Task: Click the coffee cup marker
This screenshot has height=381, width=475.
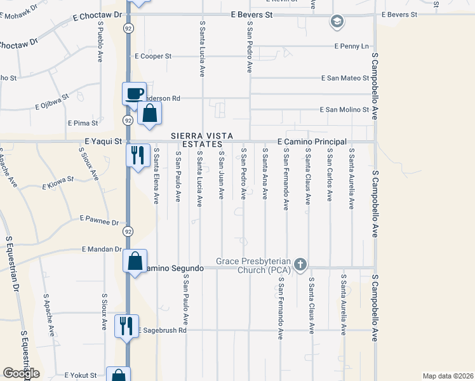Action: pos(134,93)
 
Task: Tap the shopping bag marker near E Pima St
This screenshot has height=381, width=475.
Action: pos(149,114)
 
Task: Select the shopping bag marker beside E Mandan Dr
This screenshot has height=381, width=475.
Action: pos(135,260)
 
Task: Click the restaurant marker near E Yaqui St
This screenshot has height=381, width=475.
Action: pos(137,154)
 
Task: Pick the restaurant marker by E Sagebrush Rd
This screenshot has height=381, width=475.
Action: pos(126,326)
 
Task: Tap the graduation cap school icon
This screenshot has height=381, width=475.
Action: pos(337,23)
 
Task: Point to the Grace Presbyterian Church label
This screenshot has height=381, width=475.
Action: pos(253,265)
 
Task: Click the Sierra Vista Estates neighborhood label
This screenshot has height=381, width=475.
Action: pos(203,140)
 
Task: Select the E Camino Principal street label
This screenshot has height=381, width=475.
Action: pos(312,141)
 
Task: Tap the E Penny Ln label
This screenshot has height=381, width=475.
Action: pos(352,46)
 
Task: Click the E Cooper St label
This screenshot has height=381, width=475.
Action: pos(153,56)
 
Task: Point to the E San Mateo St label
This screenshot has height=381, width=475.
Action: pos(345,78)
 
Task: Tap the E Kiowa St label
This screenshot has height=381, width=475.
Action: pos(58,185)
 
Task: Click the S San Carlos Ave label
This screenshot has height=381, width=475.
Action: pos(330,175)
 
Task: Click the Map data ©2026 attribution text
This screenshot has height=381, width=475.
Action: pos(447,376)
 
